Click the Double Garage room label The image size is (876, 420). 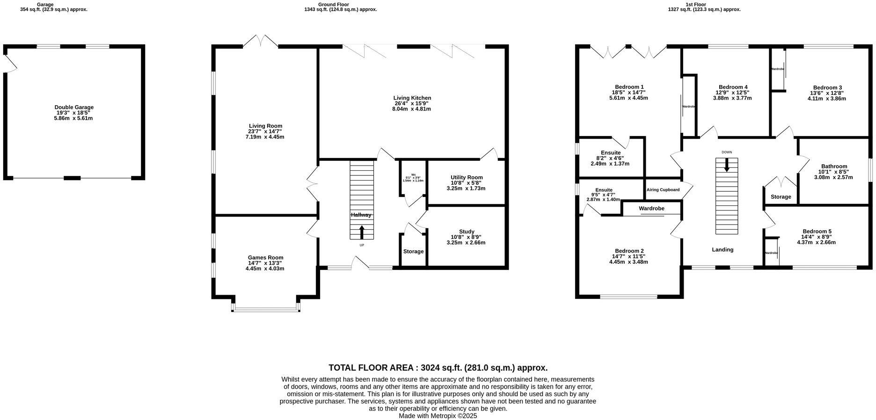click(x=73, y=108)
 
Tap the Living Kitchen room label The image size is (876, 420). click(x=412, y=98)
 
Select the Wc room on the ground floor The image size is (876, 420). click(x=413, y=178)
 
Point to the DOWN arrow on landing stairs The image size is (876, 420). click(x=726, y=165)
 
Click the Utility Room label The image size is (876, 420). click(x=466, y=177)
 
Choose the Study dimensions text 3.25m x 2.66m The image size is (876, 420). click(x=466, y=243)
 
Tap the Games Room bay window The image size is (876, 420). click(x=266, y=308)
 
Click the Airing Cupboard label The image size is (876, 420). click(x=663, y=190)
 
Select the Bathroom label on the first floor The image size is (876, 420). click(x=834, y=167)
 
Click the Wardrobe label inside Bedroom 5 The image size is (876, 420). click(x=771, y=253)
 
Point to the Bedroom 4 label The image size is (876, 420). click(x=733, y=87)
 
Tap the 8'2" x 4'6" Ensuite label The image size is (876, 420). click(x=610, y=158)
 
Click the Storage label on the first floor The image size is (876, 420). click(x=781, y=197)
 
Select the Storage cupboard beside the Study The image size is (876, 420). click(x=413, y=251)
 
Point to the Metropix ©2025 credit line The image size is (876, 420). click(x=438, y=415)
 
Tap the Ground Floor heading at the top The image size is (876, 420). click(x=333, y=4)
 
